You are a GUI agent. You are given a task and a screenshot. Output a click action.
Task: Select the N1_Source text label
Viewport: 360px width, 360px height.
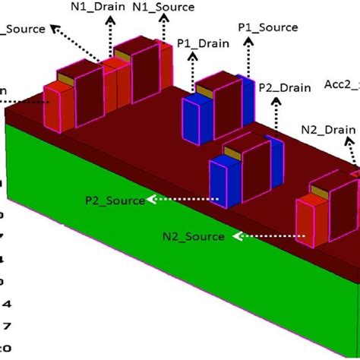[x=163, y=7]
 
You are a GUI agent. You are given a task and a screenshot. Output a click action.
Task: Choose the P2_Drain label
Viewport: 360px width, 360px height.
[x=284, y=87]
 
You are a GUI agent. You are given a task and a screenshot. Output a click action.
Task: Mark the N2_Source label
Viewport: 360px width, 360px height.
[x=193, y=236]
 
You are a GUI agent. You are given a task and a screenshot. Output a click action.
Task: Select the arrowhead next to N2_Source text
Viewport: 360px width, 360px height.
[x=236, y=235]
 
